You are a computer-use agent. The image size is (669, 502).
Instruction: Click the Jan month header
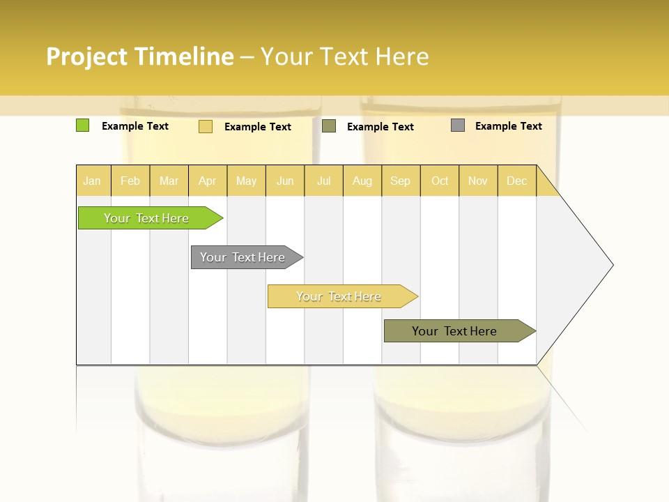[92, 181]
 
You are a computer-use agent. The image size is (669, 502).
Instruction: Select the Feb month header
[130, 181]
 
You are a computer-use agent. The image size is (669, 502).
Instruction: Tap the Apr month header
[208, 181]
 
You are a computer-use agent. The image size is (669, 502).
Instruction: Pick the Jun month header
[285, 181]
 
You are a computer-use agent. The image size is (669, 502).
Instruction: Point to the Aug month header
[362, 181]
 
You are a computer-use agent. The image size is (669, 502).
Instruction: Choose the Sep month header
[401, 181]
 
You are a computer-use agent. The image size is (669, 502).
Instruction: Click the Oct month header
[440, 181]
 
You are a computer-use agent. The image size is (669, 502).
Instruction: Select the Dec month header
[517, 181]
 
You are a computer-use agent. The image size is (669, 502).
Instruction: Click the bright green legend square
[82, 125]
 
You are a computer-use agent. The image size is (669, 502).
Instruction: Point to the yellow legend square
[205, 126]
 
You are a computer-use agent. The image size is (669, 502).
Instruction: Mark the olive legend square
[329, 126]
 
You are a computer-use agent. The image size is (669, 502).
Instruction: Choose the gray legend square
[458, 125]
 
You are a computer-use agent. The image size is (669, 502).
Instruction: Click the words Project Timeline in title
[140, 56]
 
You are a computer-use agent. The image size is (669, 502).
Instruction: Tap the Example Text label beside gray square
[508, 126]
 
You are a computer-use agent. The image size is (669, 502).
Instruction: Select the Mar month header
[169, 181]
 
